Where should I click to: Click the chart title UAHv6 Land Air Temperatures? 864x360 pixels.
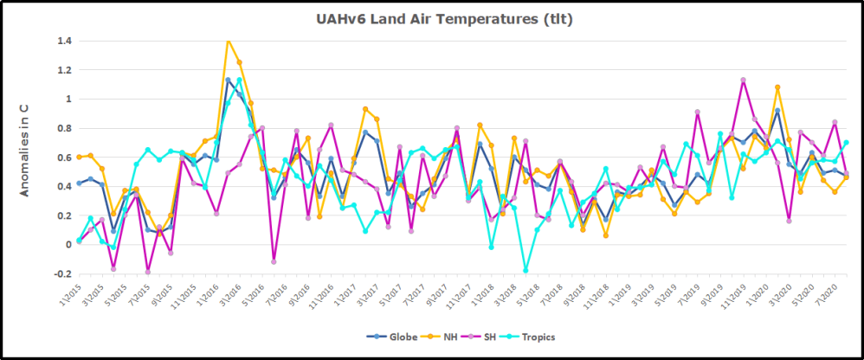[x=431, y=18]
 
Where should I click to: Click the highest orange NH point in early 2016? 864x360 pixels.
[x=228, y=40]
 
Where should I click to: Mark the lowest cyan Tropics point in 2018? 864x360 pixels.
[x=525, y=271]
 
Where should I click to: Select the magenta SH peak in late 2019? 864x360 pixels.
[x=743, y=80]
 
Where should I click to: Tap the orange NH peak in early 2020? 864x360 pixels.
[x=777, y=87]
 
